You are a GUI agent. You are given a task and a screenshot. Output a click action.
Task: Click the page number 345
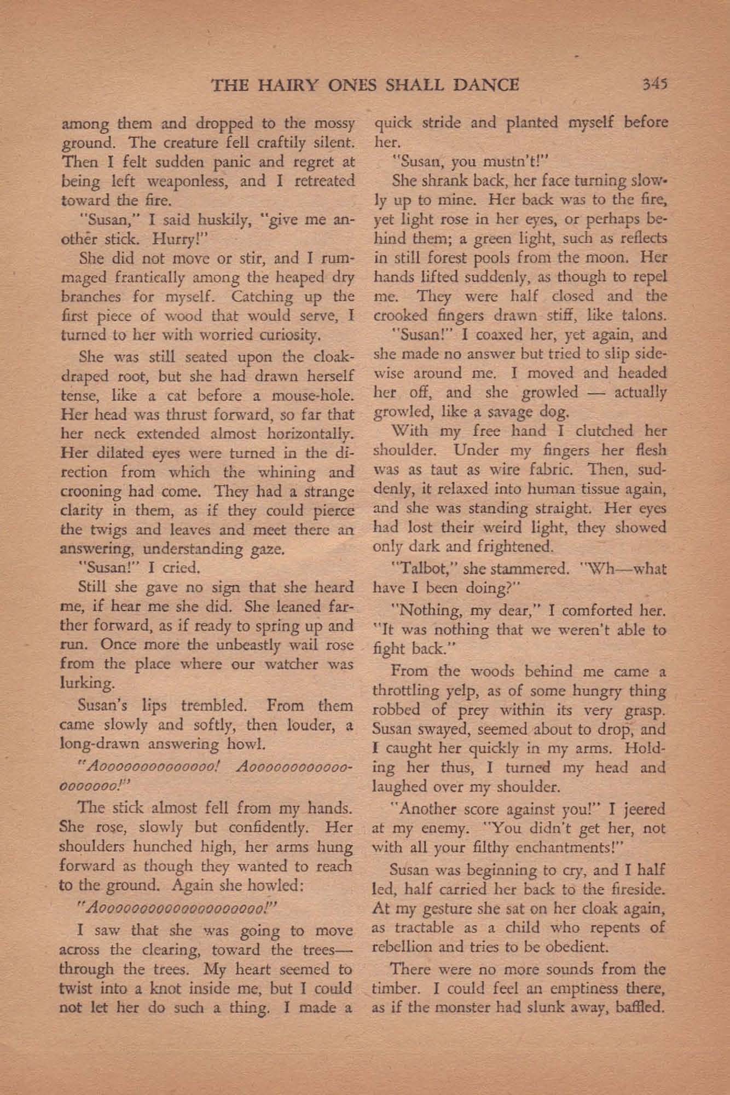(x=653, y=84)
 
